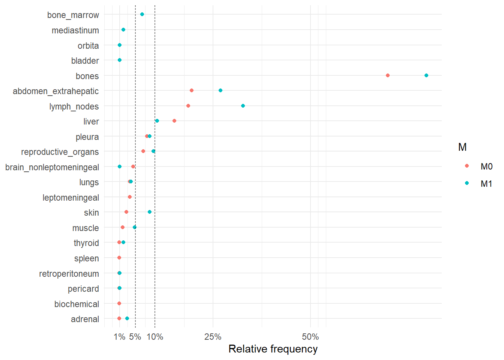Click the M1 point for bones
[426, 75]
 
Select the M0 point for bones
[388, 75]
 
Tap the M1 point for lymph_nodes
[243, 106]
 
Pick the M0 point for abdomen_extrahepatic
[192, 90]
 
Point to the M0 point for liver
[174, 121]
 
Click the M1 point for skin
[150, 212]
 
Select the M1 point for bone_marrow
[142, 14]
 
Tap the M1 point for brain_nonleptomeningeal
[120, 166]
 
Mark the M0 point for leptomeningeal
[130, 197]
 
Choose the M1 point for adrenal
[127, 318]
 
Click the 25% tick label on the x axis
[213, 337]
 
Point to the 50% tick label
[310, 337]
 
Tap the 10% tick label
[155, 337]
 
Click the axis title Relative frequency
[273, 349]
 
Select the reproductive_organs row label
[60, 152]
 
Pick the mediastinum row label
[75, 30]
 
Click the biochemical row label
[76, 304]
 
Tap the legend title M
[462, 147]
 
